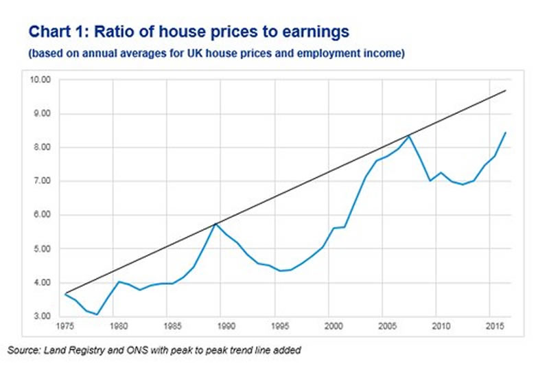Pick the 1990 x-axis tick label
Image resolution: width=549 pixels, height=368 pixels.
[x=225, y=327]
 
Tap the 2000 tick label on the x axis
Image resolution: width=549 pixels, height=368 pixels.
[x=333, y=327]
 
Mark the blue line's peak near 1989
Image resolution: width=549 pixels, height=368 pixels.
[x=215, y=223]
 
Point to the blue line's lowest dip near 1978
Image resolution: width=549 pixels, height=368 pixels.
[x=97, y=314]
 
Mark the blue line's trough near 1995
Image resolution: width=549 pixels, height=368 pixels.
[x=279, y=271]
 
